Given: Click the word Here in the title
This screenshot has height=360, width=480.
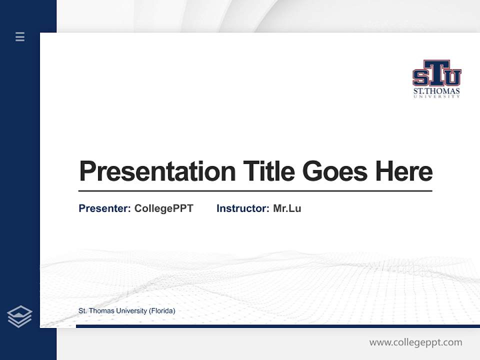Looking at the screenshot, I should tap(404, 171).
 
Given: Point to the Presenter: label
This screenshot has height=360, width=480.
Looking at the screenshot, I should tap(104, 208).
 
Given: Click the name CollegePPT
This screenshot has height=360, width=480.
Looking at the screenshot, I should tap(163, 208).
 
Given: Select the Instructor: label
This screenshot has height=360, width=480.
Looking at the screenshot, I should tap(242, 208).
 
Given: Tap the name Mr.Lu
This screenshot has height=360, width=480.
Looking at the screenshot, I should tap(287, 208).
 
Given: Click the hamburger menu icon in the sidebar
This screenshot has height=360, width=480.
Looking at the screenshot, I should tap(20, 36).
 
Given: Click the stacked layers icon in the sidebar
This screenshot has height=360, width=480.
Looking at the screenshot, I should tap(19, 316).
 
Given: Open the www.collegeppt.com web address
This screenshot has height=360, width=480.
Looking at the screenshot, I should tap(415, 342).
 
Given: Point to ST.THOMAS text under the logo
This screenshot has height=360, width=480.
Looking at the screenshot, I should tap(436, 91).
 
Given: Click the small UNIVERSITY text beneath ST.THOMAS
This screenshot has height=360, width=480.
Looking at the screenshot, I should tap(436, 96).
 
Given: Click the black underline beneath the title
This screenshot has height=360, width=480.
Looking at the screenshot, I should tap(255, 190).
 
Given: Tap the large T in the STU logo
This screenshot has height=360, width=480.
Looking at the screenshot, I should tap(436, 72).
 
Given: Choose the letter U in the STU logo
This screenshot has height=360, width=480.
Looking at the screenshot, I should tap(452, 77).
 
